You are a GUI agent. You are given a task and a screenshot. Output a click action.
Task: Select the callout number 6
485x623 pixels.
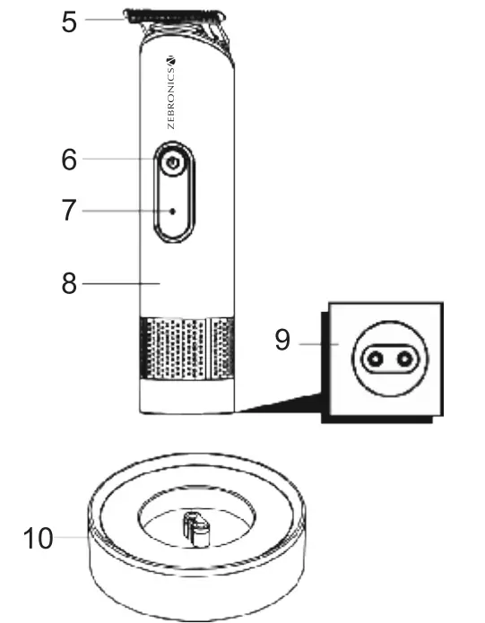69,160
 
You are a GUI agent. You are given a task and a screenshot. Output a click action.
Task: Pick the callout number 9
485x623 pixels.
283,342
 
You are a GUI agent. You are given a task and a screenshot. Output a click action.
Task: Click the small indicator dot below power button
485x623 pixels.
173,212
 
